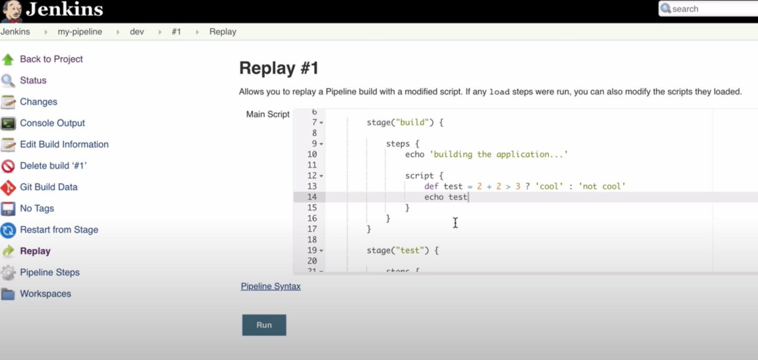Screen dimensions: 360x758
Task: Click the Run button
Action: click(x=264, y=325)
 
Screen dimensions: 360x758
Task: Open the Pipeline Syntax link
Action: click(x=271, y=286)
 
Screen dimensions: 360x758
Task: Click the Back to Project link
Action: click(x=51, y=59)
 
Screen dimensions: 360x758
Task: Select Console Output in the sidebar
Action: click(x=52, y=123)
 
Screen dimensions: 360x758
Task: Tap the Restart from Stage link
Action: click(x=59, y=230)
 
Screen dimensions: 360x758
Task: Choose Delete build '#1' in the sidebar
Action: click(x=53, y=166)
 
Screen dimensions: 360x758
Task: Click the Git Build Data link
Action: click(x=48, y=187)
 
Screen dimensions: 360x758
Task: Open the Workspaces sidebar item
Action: click(x=45, y=294)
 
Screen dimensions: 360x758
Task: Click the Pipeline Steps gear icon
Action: click(x=8, y=272)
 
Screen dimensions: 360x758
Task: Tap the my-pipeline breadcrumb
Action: click(x=80, y=32)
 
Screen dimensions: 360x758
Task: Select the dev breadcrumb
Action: click(x=137, y=32)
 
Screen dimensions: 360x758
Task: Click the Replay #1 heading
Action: click(x=279, y=68)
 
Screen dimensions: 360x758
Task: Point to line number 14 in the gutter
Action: click(x=312, y=197)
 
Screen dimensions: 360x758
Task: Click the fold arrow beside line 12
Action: click(x=321, y=176)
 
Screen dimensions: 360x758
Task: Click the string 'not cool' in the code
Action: click(x=602, y=186)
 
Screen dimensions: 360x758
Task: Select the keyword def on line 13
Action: click(x=431, y=186)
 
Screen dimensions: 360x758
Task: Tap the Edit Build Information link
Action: click(x=64, y=144)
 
